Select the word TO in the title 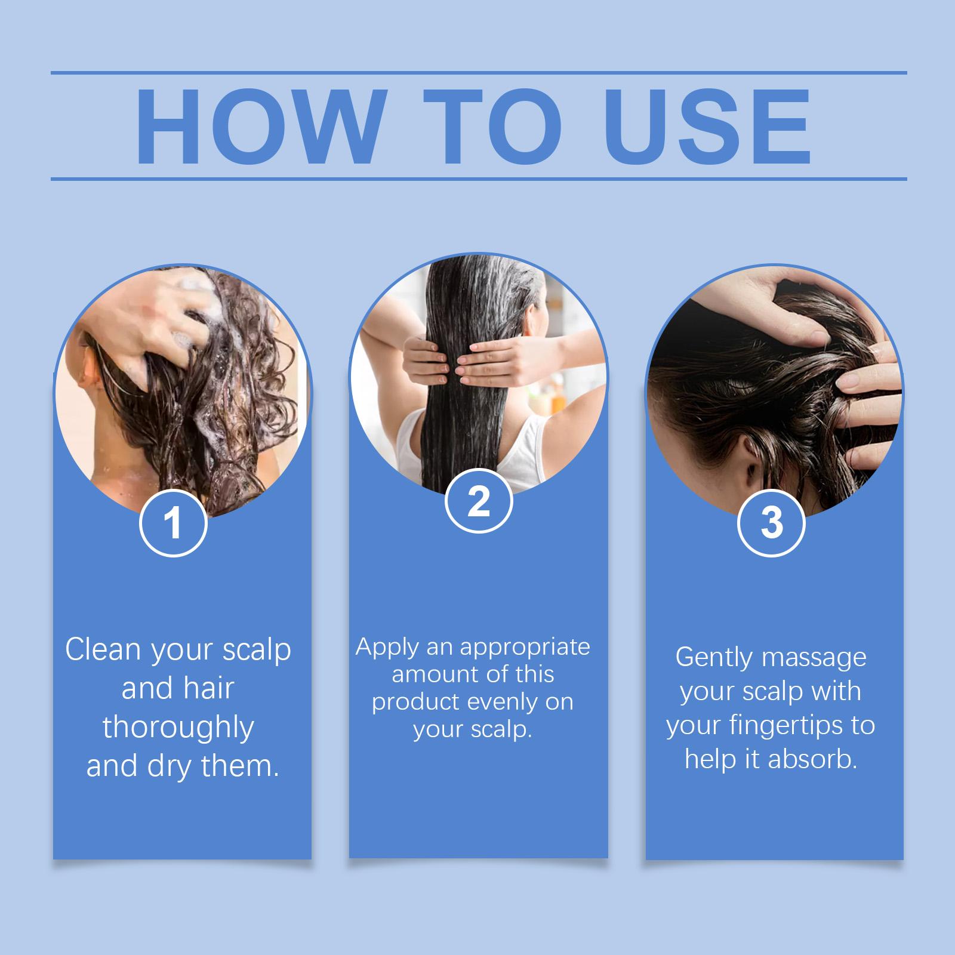493,127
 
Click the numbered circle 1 173,523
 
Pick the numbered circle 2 479,501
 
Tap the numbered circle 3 772,523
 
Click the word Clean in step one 103,649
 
